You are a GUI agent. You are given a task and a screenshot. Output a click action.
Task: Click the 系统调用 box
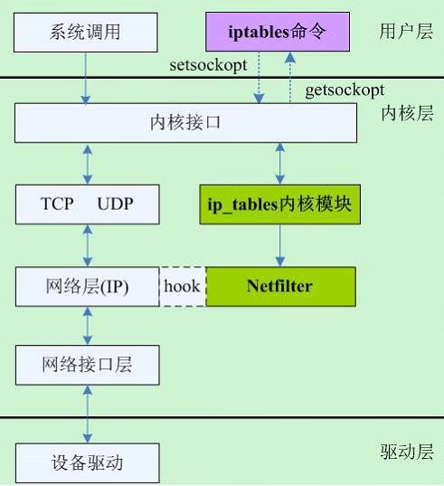click(x=87, y=33)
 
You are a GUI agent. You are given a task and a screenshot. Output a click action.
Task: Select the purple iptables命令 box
click(x=277, y=33)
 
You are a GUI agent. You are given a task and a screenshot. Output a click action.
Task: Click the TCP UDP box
click(x=87, y=204)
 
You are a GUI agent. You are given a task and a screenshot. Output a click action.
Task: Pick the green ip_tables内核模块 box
click(x=279, y=204)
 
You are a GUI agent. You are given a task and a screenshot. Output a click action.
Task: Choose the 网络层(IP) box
click(x=87, y=286)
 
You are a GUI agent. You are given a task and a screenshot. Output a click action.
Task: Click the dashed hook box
click(x=183, y=286)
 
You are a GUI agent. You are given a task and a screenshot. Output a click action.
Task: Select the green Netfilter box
click(x=279, y=286)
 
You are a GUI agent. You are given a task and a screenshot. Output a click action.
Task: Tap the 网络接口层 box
click(x=87, y=366)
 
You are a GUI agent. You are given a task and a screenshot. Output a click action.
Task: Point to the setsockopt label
click(x=209, y=67)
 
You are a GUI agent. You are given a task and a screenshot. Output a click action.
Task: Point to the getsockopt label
click(x=345, y=90)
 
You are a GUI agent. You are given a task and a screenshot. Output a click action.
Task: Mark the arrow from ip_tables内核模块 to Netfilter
click(x=279, y=245)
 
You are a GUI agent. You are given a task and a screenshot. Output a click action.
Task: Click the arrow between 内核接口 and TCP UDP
click(x=87, y=163)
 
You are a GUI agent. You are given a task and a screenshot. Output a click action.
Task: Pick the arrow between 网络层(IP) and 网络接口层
click(x=87, y=326)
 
